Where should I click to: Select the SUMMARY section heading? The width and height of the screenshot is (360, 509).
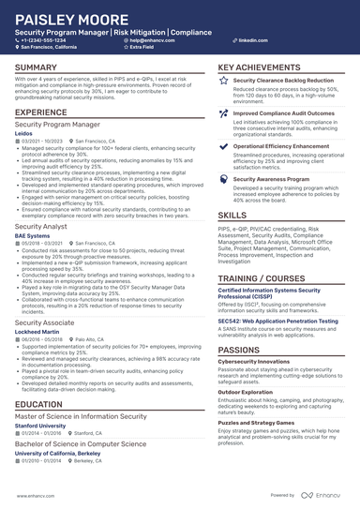36,68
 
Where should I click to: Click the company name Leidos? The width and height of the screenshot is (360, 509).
23,134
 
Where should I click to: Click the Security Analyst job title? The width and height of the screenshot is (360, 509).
41,226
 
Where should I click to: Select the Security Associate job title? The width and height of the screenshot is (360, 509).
46,322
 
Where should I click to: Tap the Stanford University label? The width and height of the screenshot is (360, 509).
40,425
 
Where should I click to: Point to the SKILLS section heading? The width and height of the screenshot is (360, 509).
232,215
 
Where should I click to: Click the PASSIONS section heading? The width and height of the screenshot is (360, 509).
240,349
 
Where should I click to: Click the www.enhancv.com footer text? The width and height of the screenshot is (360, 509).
34,495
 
